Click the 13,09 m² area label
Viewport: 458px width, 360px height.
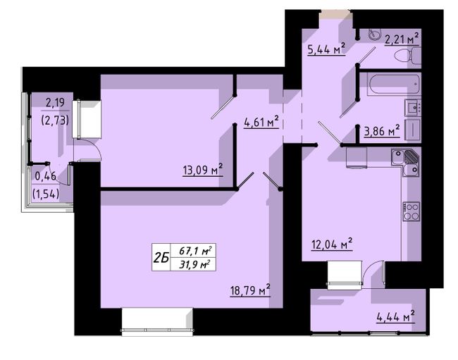click(203, 169)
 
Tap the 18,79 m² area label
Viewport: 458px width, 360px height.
click(250, 290)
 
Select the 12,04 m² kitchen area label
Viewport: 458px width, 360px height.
click(332, 244)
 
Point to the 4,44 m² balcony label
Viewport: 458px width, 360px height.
click(395, 316)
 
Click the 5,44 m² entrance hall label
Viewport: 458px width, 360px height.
click(326, 49)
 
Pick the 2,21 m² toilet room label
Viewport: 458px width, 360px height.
click(402, 39)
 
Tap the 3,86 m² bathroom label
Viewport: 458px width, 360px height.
click(382, 131)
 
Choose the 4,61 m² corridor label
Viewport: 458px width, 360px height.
click(261, 122)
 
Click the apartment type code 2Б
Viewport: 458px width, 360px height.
click(161, 258)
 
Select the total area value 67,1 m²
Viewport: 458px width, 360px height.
click(195, 251)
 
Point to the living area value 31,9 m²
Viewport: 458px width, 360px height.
click(195, 264)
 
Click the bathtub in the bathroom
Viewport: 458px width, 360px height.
click(393, 84)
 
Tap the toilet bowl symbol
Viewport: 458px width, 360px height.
click(407, 56)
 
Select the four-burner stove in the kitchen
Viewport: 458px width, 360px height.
click(411, 211)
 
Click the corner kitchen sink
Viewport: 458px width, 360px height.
click(406, 163)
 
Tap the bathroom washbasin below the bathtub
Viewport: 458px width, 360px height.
click(413, 107)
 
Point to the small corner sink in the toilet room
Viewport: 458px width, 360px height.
click(375, 34)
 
